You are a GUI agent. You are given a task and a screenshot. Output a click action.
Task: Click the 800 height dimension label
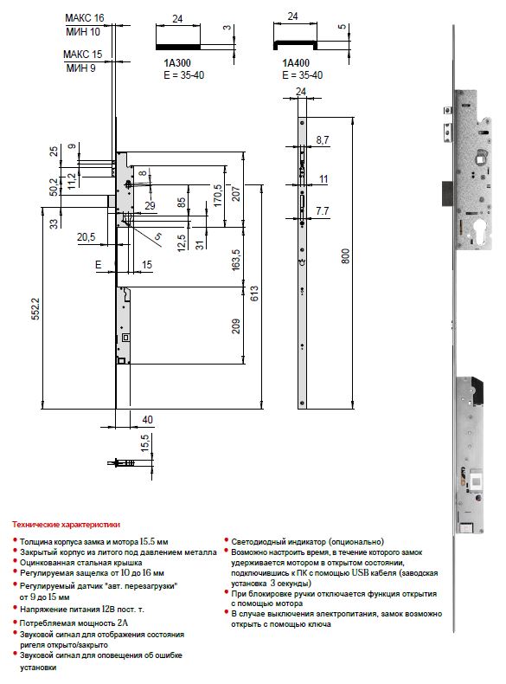click(x=345, y=255)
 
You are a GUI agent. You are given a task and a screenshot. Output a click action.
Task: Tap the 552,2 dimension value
click(x=35, y=309)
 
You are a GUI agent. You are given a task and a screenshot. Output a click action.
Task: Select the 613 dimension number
click(x=254, y=294)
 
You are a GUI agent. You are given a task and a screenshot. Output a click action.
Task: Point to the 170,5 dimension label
click(x=217, y=195)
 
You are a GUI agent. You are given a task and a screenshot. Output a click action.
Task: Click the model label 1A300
click(x=177, y=63)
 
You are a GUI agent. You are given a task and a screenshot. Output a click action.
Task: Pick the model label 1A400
click(x=296, y=63)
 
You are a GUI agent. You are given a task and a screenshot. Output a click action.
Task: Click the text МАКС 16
click(x=85, y=18)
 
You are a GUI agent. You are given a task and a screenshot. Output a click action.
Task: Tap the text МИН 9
click(x=80, y=68)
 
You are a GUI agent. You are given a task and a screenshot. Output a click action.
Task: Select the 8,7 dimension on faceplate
click(x=323, y=140)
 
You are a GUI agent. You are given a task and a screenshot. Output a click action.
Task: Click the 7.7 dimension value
click(x=323, y=211)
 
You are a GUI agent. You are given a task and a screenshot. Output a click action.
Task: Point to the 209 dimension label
click(x=236, y=326)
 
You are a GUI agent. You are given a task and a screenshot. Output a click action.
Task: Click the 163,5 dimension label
click(x=236, y=260)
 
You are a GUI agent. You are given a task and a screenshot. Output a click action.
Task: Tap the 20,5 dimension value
click(x=86, y=237)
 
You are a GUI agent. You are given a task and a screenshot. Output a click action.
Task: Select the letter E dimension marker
click(x=99, y=265)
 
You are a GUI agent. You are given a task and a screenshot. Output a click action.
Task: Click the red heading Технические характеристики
click(x=66, y=525)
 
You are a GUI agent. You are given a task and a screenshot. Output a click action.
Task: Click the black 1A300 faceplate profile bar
click(x=178, y=46)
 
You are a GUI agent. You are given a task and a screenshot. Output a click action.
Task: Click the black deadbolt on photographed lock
click(x=447, y=193)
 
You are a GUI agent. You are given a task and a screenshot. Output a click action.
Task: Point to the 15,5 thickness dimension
click(x=144, y=442)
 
